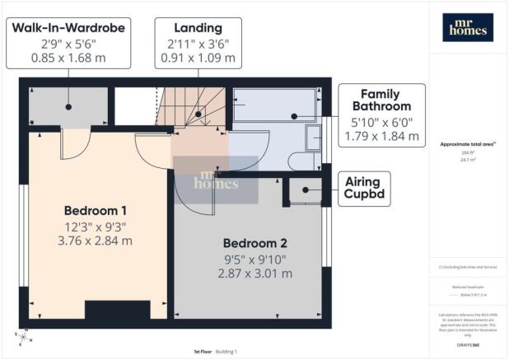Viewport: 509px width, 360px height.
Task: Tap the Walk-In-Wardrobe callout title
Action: [68, 28]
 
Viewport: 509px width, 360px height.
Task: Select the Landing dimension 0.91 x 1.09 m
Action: [196, 58]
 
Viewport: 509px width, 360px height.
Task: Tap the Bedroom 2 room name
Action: [255, 243]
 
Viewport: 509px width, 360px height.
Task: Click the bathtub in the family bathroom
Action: [273, 107]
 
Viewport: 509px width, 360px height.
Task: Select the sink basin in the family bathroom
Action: [313, 138]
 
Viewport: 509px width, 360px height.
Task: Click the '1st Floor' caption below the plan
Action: [204, 352]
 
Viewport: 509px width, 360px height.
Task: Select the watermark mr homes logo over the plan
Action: [214, 180]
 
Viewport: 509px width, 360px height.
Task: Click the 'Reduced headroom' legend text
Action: [467, 288]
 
